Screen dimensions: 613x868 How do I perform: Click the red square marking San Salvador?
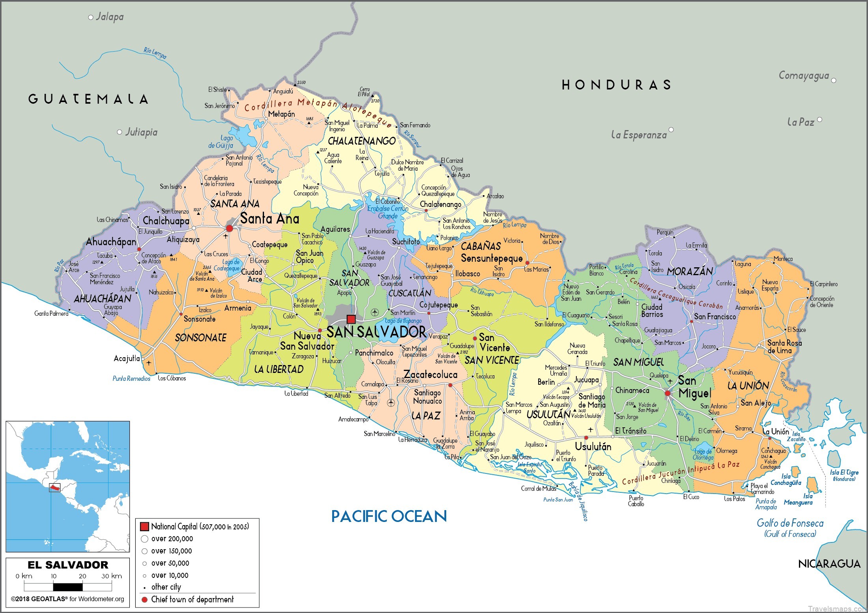click(x=351, y=319)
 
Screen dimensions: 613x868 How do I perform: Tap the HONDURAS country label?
click(x=616, y=85)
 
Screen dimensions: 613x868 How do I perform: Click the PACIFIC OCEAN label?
click(x=389, y=516)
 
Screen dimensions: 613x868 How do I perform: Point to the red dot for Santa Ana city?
click(x=229, y=228)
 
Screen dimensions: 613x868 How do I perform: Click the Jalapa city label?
click(x=110, y=17)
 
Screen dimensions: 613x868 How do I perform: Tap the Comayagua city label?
click(x=804, y=76)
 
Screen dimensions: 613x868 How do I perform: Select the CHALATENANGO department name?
click(x=361, y=141)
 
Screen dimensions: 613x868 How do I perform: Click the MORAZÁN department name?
click(x=690, y=272)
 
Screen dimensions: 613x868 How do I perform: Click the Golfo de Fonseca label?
click(x=790, y=524)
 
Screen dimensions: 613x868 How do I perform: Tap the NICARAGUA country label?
click(x=829, y=564)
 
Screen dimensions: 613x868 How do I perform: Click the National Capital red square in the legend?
click(x=144, y=527)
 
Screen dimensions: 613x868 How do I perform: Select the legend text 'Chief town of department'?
click(x=192, y=600)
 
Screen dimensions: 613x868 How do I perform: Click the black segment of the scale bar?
click(x=68, y=587)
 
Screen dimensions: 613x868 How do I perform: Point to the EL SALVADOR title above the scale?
click(x=68, y=565)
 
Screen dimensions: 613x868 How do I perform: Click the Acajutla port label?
click(x=126, y=358)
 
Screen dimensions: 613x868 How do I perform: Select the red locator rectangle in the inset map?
click(x=54, y=488)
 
